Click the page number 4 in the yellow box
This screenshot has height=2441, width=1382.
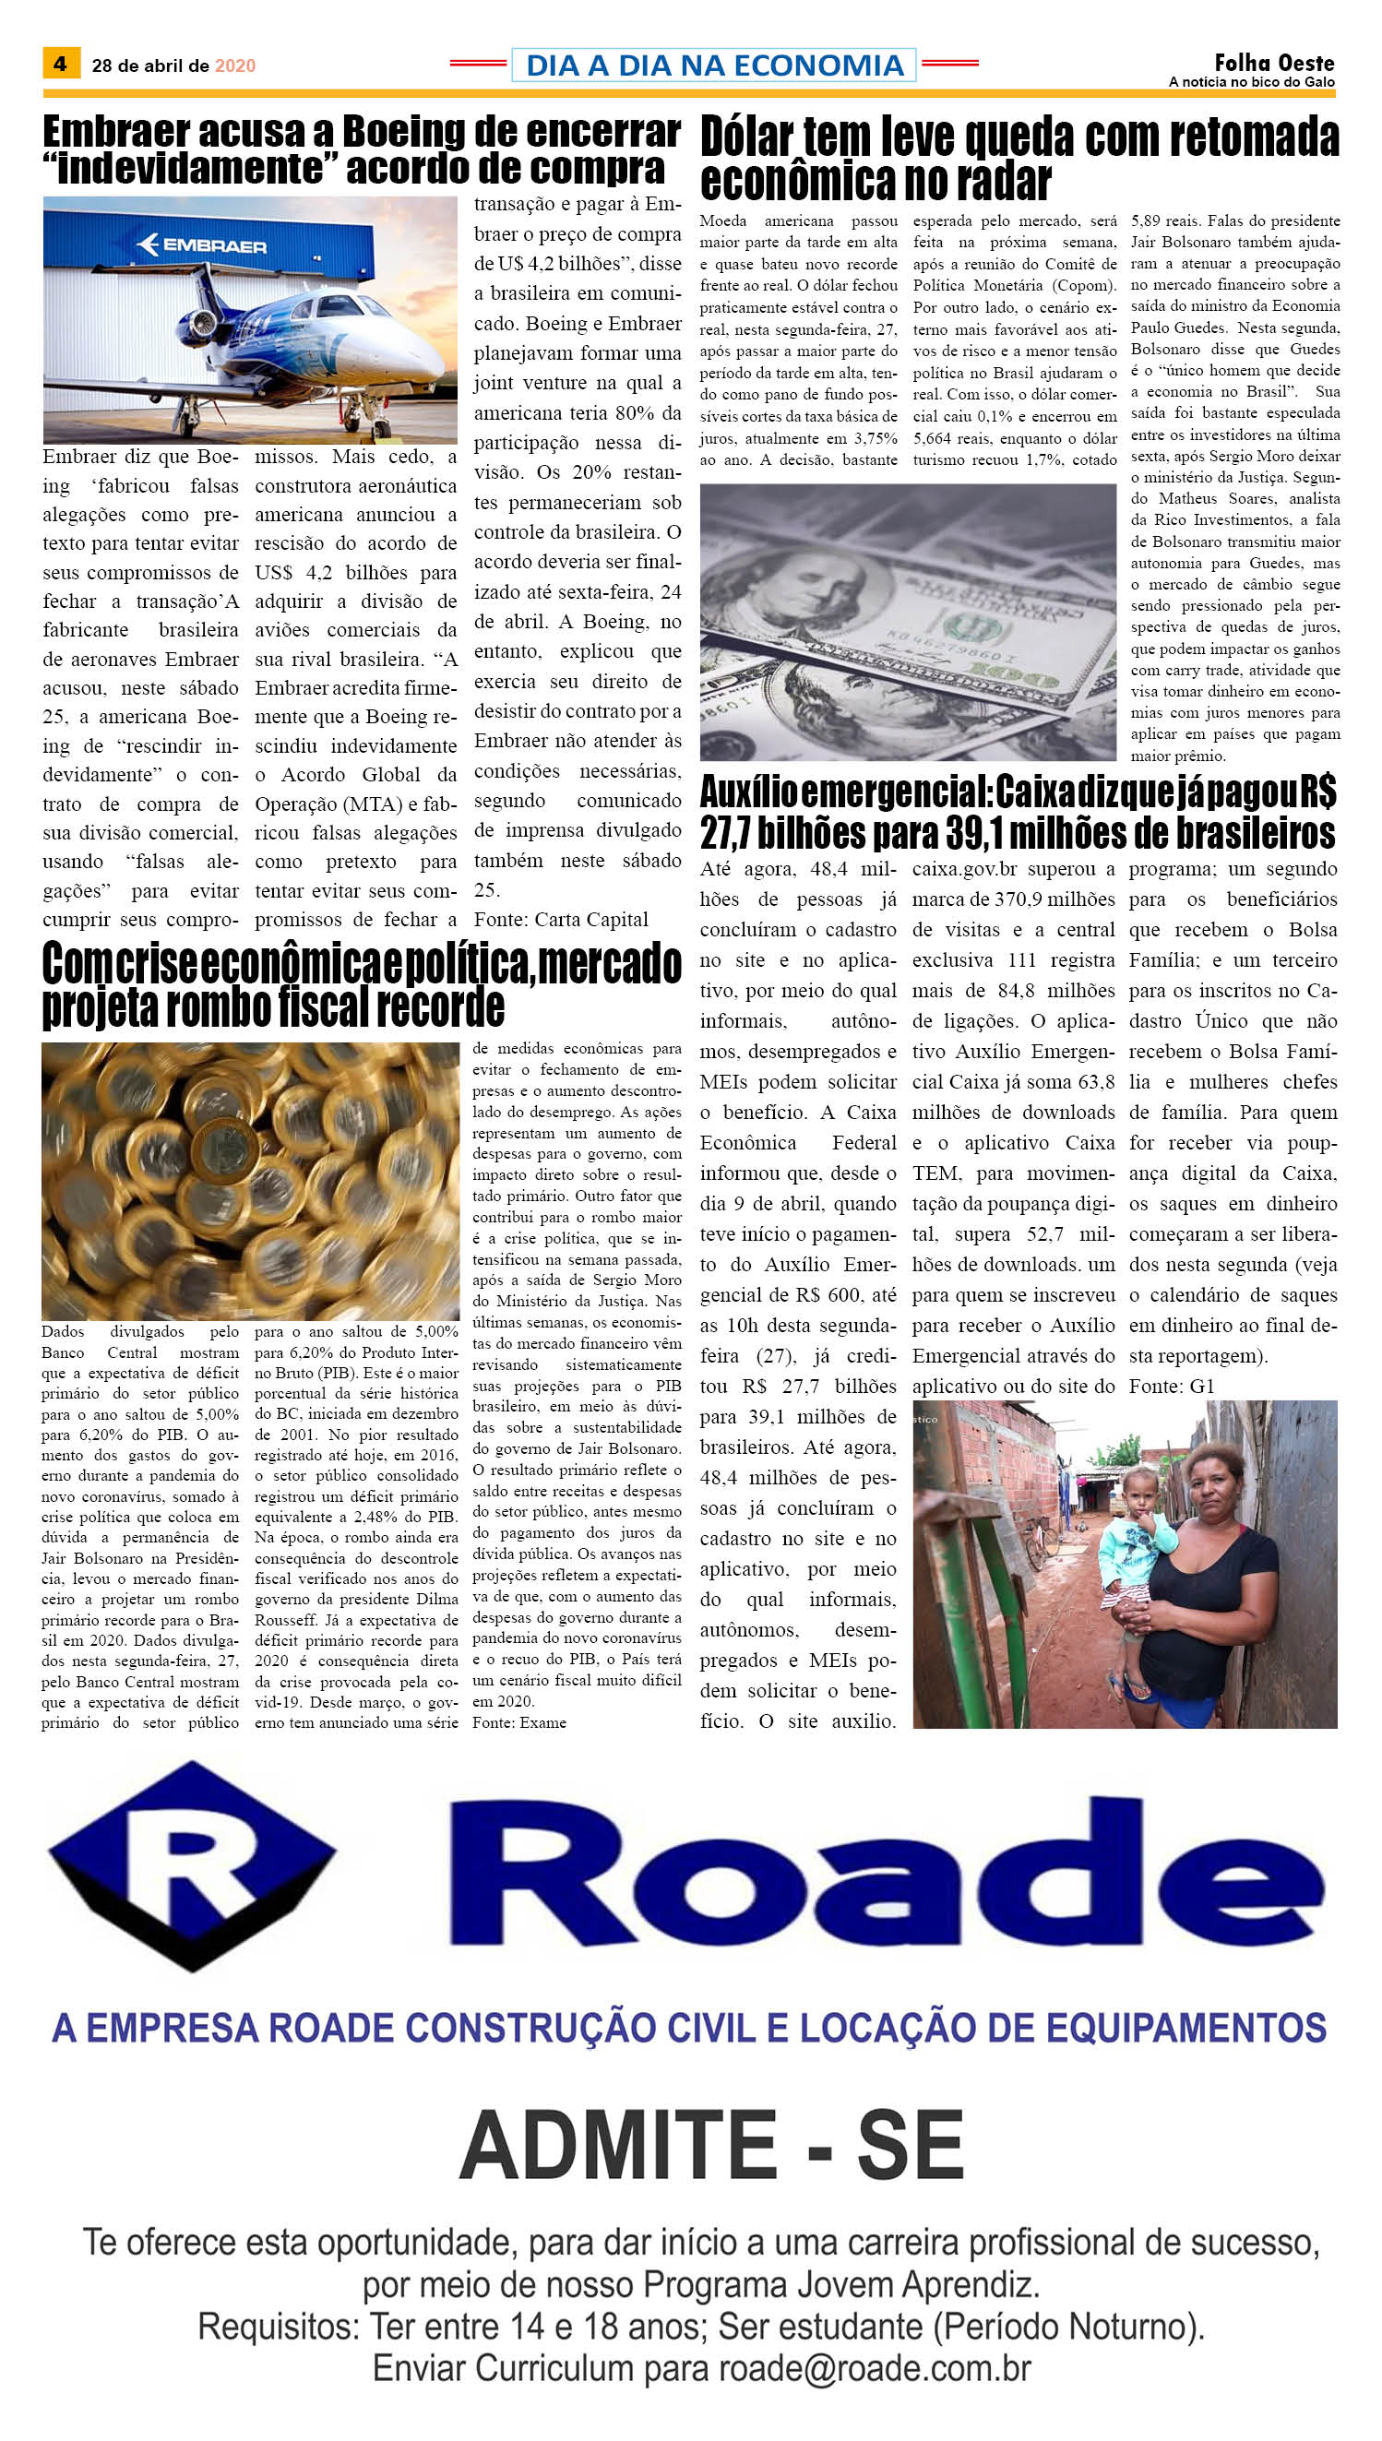61,64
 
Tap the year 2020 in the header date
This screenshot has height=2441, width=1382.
234,65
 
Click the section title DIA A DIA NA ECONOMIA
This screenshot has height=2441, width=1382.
714,65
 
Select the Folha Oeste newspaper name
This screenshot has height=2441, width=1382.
1274,63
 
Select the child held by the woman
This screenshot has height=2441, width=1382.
1138,1538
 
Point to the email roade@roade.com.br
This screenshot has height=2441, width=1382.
875,2368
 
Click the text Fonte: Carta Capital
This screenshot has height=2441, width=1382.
561,920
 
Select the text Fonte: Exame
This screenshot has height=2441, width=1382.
519,1722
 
